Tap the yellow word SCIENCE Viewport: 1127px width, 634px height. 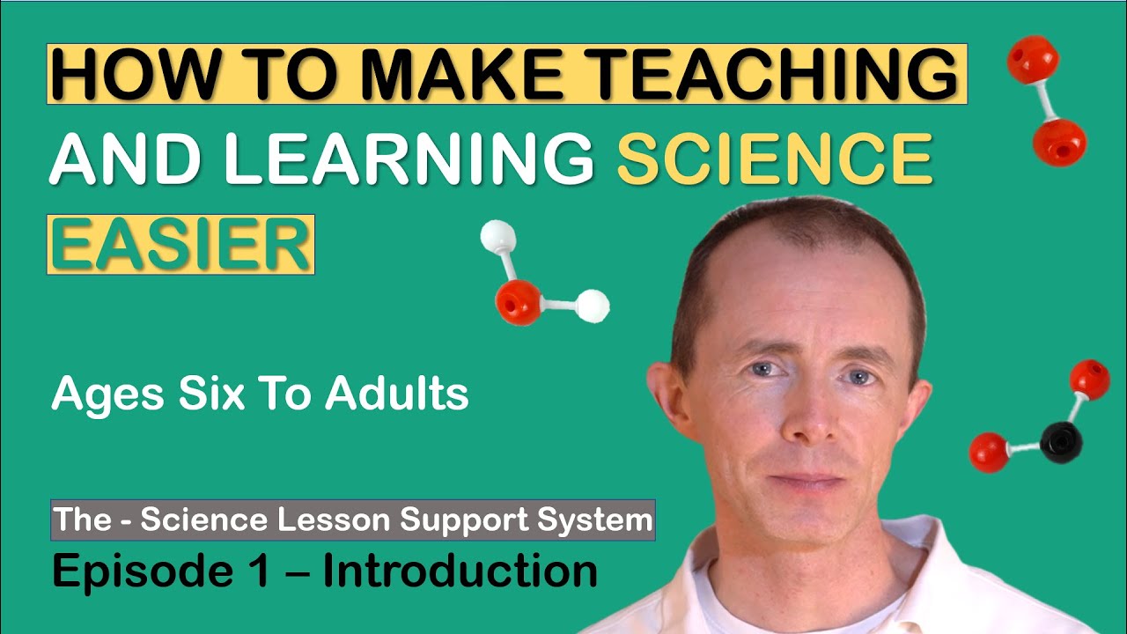pos(774,160)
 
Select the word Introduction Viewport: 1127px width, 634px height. pos(460,571)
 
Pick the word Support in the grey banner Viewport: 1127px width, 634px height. pos(457,520)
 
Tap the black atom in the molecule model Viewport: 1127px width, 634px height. pos(1060,441)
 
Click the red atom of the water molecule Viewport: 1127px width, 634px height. pos(518,301)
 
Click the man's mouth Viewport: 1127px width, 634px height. pos(803,481)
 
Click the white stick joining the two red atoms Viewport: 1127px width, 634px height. pos(1047,100)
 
